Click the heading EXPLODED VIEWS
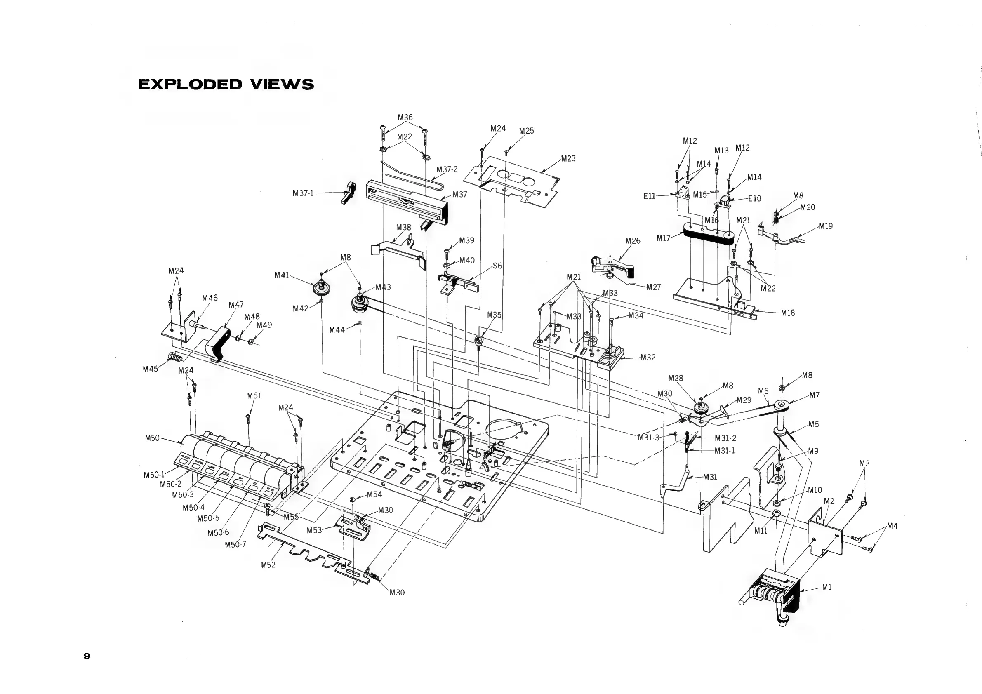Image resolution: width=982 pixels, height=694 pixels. coord(226,84)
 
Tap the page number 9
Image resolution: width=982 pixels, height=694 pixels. coord(87,656)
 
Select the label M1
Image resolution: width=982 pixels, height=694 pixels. coord(827,587)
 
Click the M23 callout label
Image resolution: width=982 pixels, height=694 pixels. coord(568,159)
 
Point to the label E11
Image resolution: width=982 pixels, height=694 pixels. coord(649,196)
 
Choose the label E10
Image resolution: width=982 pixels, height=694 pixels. coord(754,198)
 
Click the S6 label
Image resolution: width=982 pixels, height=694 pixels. coord(497,266)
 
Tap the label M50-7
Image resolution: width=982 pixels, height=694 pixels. coord(235,545)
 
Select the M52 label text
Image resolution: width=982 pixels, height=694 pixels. coord(268,565)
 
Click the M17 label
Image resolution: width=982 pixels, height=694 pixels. coord(663,238)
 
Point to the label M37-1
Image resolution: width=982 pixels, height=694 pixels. coord(303,193)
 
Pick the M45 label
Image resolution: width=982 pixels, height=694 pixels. coord(150,369)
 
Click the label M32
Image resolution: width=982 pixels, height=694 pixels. coord(648,357)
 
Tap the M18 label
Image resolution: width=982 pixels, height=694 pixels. coord(787,313)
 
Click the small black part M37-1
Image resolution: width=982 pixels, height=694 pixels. coord(350,192)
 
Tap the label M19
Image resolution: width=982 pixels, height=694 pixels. coord(825,226)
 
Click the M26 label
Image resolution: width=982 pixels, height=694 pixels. coord(633,241)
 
